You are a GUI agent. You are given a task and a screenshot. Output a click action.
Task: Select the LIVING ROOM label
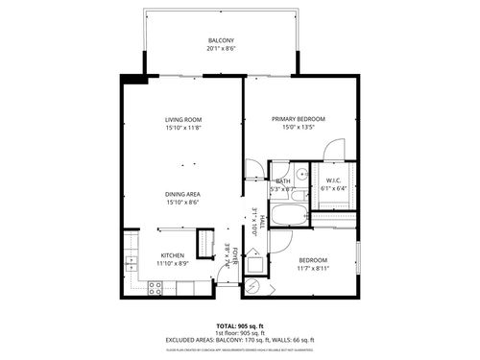click(181, 119)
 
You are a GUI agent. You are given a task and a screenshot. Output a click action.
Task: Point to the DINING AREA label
click(181, 193)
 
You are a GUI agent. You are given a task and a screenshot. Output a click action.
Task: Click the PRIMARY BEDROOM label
click(299, 119)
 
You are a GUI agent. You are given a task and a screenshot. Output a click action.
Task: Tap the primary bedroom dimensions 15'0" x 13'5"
click(299, 128)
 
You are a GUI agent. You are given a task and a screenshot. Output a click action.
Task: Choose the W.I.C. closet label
click(335, 180)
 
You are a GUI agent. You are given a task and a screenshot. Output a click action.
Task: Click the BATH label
click(283, 180)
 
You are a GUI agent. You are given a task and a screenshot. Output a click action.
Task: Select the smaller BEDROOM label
click(313, 260)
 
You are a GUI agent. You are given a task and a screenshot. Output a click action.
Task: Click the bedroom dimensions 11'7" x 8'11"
click(313, 269)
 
